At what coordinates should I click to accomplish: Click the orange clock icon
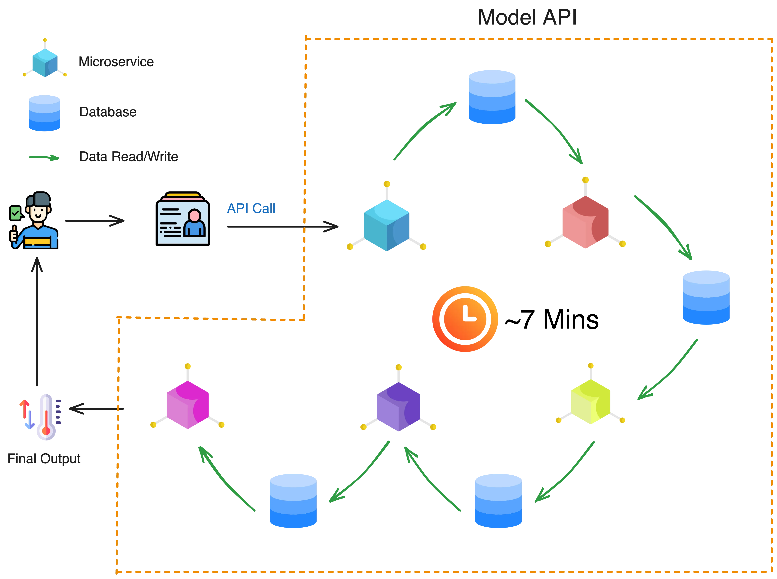pyautogui.click(x=465, y=319)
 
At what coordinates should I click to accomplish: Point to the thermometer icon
pyautogui.click(x=46, y=417)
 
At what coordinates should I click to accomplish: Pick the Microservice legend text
pyautogui.click(x=116, y=62)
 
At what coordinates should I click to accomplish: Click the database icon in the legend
pyautogui.click(x=44, y=113)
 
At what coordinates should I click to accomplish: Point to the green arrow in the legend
pyautogui.click(x=43, y=158)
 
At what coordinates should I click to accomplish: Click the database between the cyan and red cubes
pyautogui.click(x=492, y=97)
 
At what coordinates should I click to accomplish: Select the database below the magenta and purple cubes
pyautogui.click(x=293, y=500)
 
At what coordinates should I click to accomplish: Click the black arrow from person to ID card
pyautogui.click(x=95, y=221)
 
